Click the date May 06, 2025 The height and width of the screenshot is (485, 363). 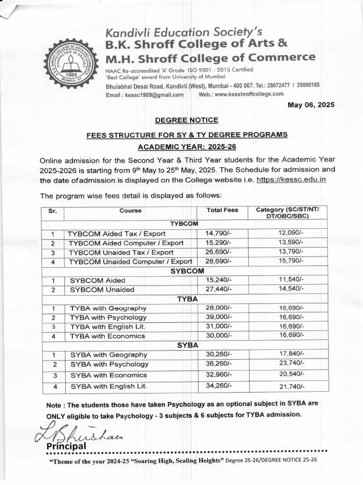point(311,105)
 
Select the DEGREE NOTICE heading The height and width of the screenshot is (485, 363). point(187,120)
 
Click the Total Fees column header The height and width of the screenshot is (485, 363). point(222,210)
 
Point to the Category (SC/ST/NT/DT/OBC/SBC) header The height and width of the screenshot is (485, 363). point(288,213)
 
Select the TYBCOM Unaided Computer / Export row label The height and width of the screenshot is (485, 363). point(130,261)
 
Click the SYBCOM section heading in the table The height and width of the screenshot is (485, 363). point(187,271)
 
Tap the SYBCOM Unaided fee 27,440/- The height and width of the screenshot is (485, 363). point(218,289)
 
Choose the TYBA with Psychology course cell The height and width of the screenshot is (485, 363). point(108,317)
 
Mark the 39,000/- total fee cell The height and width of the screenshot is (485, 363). point(219,317)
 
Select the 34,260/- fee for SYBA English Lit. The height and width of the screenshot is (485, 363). point(218,386)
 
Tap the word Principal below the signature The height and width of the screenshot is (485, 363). point(66,446)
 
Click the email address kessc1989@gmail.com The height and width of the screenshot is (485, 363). point(145,95)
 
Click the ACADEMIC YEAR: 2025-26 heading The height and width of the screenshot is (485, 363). point(187,147)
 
